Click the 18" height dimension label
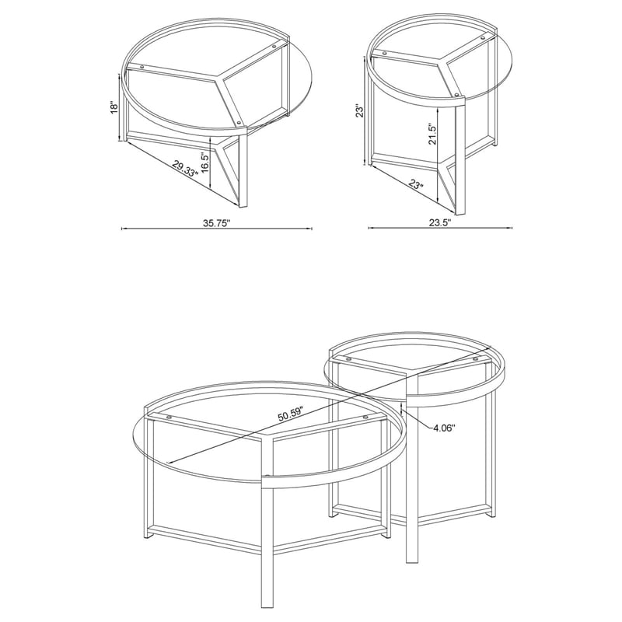(x=114, y=107)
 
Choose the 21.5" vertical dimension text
(x=432, y=134)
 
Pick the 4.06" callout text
(x=442, y=427)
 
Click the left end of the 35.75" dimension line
(x=122, y=229)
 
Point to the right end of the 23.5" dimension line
(x=512, y=228)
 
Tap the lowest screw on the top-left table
(x=238, y=123)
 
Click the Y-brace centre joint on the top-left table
(x=218, y=80)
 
